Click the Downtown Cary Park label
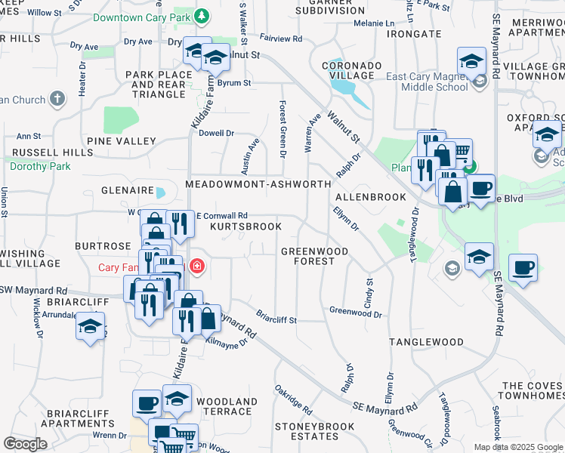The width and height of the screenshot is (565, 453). [144, 16]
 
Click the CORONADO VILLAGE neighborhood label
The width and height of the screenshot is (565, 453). [348, 70]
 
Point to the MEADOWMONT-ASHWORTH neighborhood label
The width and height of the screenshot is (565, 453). [258, 184]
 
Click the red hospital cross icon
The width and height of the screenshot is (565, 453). [197, 267]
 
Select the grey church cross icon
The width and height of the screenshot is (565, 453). [57, 99]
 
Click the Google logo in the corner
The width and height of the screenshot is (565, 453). [25, 444]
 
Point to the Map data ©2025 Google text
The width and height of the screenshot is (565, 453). [518, 447]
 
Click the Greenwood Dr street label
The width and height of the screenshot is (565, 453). [356, 311]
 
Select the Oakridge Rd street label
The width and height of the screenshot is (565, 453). [294, 399]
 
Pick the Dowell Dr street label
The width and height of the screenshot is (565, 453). [217, 133]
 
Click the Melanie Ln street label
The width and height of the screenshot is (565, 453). [369, 23]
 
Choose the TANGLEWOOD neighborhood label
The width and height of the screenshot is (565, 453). [426, 342]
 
